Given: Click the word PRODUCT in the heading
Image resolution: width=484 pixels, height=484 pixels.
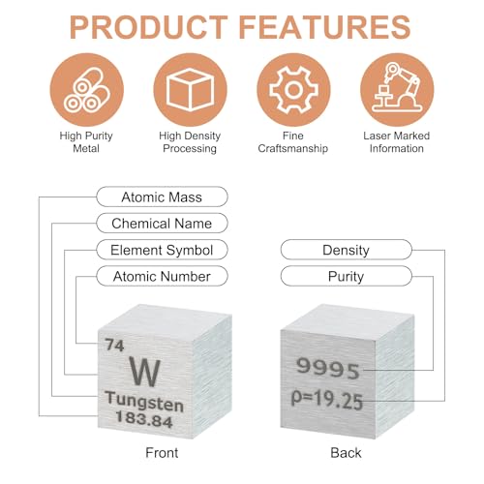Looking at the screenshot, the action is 149,27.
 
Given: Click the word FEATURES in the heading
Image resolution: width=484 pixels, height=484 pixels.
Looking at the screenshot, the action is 325,27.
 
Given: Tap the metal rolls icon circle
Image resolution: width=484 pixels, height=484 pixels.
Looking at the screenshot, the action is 87,90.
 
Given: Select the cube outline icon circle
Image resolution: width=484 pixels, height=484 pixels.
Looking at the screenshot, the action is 191,90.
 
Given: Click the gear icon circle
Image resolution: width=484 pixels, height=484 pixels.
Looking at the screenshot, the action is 293,90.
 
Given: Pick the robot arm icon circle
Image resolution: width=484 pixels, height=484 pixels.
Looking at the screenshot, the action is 397,90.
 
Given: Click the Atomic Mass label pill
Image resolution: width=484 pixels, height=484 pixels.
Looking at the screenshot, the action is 162,197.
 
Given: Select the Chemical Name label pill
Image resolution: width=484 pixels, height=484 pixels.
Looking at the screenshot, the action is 162,224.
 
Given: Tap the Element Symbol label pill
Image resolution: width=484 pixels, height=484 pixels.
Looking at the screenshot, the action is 162,250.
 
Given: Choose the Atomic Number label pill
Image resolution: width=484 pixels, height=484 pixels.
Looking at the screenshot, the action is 162,276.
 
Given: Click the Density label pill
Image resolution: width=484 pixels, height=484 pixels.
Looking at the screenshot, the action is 347,250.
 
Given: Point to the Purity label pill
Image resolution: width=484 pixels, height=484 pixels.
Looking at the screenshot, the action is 347,276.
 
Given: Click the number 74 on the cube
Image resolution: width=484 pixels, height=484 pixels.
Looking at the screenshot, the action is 114,345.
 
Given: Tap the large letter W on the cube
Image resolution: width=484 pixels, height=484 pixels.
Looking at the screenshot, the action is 145,372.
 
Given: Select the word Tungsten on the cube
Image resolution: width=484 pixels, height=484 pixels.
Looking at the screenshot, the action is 144,401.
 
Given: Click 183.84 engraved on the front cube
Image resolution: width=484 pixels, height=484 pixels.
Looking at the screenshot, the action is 144,419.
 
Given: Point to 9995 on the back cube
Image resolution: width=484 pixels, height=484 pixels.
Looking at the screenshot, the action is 328,368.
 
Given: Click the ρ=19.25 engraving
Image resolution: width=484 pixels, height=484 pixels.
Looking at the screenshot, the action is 327,399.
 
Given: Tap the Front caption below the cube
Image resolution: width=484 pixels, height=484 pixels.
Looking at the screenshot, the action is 162,453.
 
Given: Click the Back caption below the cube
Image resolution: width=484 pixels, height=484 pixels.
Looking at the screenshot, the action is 346,453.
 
